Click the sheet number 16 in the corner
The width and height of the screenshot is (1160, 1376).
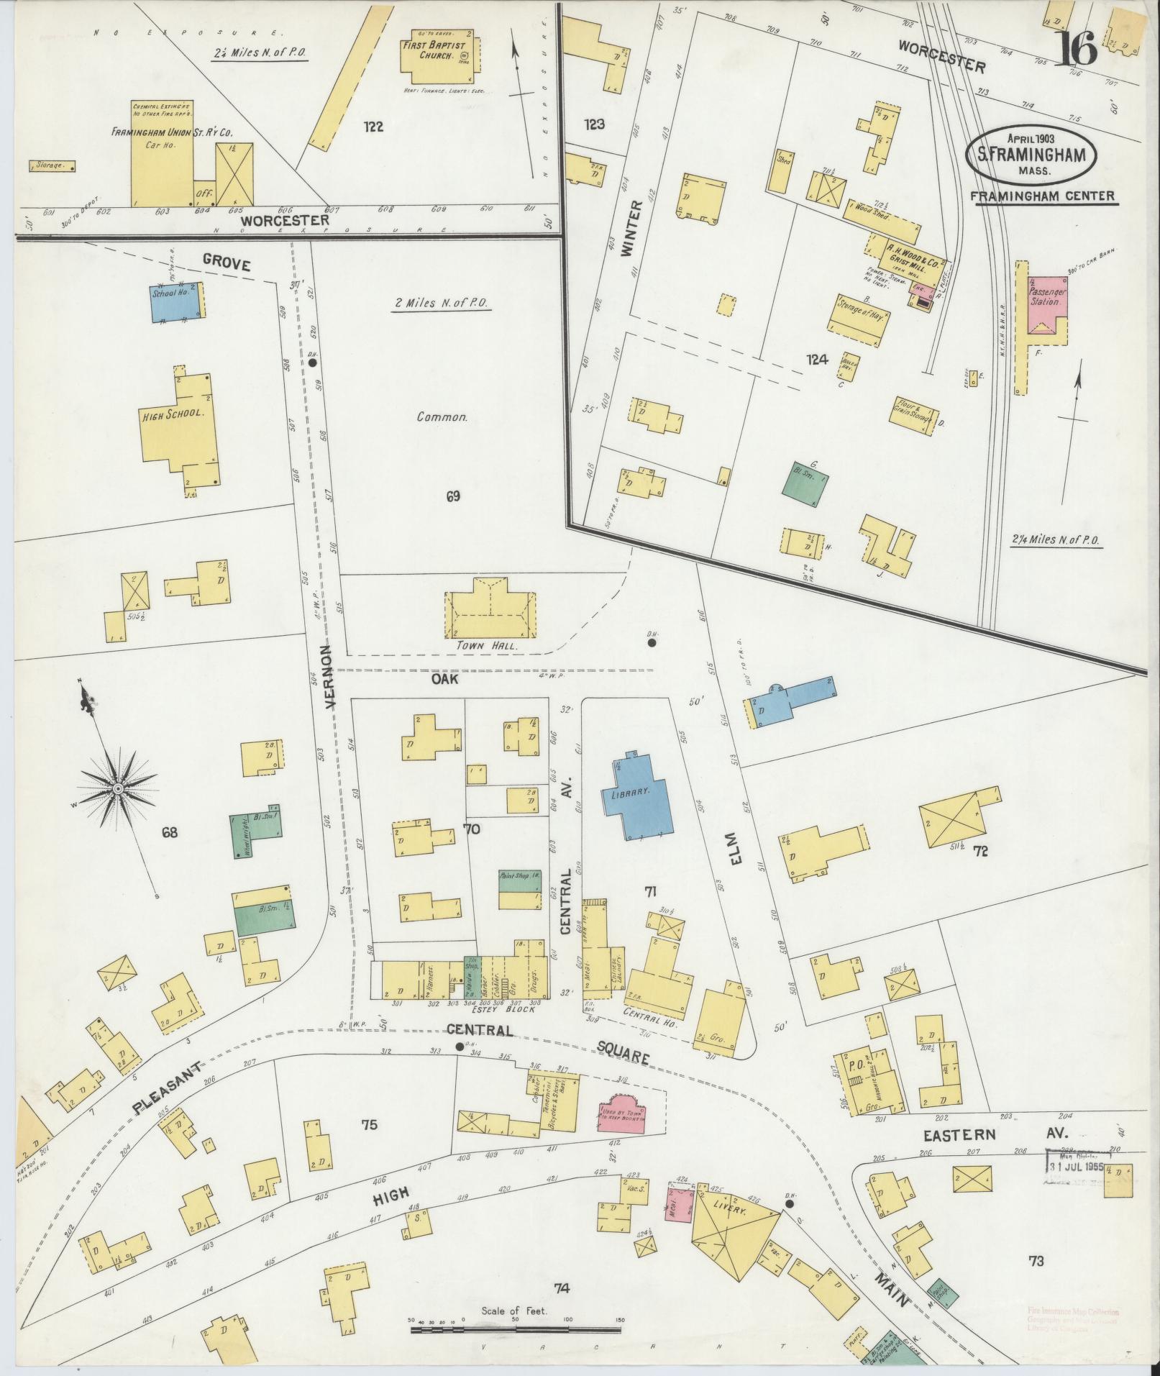pyautogui.click(x=1077, y=48)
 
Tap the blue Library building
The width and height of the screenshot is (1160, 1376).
pyautogui.click(x=637, y=796)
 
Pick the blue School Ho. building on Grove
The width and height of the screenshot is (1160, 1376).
pyautogui.click(x=175, y=301)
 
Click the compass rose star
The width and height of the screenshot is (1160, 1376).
pyautogui.click(x=116, y=789)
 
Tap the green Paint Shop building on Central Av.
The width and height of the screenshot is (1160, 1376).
pyautogui.click(x=519, y=892)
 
